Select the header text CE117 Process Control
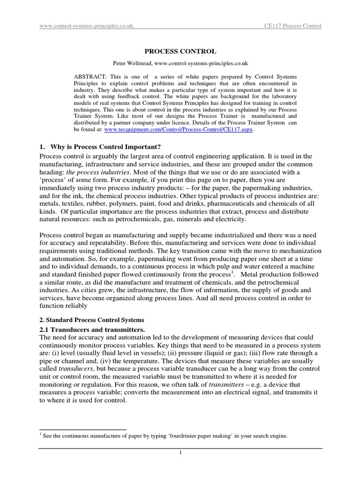pyautogui.click(x=292, y=26)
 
